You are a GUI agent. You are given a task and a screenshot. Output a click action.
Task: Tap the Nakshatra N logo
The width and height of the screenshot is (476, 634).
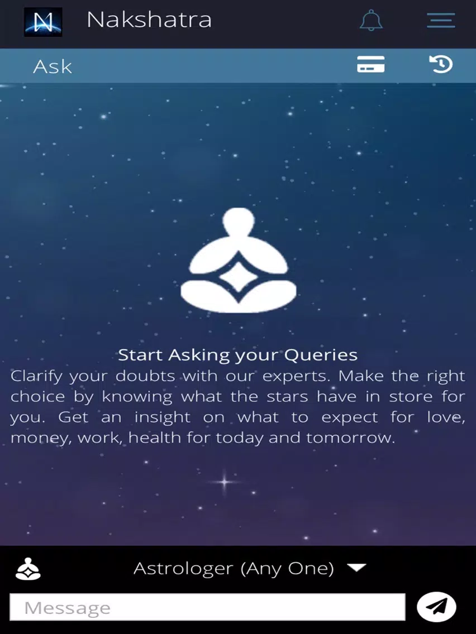coord(43,22)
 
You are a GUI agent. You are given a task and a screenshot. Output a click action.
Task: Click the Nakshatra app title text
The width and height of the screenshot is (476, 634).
coord(149,20)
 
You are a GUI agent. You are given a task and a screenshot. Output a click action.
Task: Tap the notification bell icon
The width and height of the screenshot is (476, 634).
coord(371,20)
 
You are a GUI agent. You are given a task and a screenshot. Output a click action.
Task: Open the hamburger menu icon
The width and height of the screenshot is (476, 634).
coord(441,20)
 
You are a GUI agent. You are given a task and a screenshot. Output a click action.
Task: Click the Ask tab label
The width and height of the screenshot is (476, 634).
coord(53,67)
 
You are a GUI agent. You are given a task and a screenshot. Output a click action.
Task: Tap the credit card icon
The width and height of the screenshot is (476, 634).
coord(371,64)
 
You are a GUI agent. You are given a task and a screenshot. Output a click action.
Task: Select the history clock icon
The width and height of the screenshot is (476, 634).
coord(441,64)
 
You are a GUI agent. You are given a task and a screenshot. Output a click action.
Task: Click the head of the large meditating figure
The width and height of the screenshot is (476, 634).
coord(239,222)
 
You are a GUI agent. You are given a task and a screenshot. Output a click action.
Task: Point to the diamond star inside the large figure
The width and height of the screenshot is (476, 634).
coord(239,277)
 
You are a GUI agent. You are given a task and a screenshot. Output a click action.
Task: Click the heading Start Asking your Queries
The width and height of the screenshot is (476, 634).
coord(237,355)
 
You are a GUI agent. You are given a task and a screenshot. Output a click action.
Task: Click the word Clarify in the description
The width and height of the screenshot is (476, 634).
coord(36,376)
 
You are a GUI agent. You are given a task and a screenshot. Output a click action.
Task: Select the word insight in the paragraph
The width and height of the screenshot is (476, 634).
coord(163,417)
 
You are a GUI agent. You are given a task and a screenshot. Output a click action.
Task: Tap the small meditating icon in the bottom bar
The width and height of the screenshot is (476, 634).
coord(28,569)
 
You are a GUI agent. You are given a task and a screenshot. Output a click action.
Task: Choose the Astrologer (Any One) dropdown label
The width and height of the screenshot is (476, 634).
coord(234,569)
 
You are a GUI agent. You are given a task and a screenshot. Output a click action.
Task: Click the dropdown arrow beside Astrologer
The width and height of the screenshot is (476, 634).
coord(356,568)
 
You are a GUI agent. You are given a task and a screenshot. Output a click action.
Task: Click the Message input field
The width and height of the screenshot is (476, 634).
coord(207,607)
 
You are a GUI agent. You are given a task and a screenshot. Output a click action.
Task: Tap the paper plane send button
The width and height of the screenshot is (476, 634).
coord(436,607)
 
